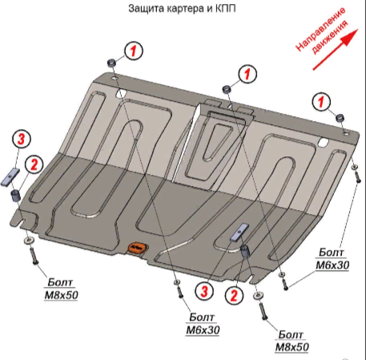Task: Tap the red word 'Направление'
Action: click(x=319, y=33)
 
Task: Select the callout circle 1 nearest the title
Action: click(x=134, y=51)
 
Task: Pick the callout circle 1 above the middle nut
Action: click(x=248, y=73)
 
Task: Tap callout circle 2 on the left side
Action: click(x=34, y=164)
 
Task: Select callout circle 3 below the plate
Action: click(x=205, y=289)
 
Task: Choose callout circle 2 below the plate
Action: click(x=235, y=296)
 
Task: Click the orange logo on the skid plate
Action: click(x=137, y=247)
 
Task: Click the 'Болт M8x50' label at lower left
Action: click(x=60, y=288)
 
